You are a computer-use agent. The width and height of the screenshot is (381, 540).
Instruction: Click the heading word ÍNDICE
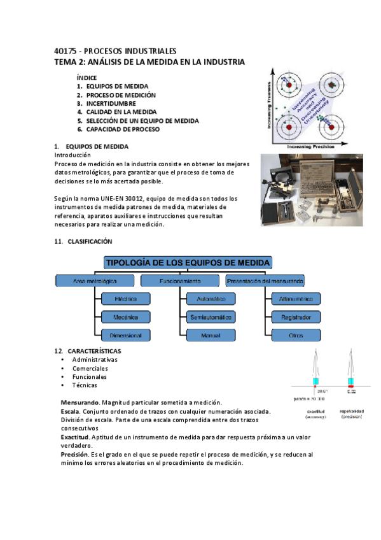[87, 78]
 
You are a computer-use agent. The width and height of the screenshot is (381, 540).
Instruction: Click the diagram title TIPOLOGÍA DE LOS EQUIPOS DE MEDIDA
[188, 262]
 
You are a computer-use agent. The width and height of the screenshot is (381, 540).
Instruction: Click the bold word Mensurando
[80, 403]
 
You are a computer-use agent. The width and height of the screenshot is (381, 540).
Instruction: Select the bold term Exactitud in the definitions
[76, 438]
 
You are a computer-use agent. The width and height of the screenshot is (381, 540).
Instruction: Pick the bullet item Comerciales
[90, 368]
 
